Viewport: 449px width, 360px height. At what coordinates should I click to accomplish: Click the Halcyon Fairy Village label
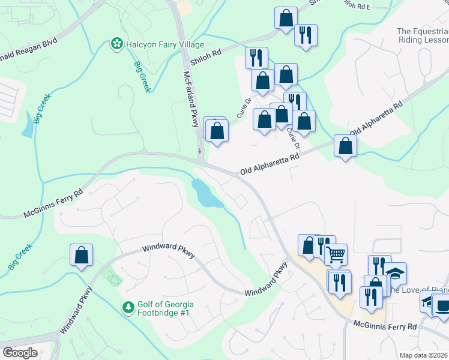[164, 44]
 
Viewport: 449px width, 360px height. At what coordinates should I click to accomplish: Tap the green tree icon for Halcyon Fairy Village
[116, 44]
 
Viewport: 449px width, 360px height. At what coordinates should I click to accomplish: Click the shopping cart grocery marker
[336, 254]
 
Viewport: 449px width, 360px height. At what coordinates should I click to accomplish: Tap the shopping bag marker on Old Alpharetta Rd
[345, 146]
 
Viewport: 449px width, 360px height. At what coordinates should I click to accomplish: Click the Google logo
[20, 353]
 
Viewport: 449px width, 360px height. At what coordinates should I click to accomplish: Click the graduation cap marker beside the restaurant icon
[395, 273]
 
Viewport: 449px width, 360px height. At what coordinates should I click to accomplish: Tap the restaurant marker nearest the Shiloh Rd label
[256, 57]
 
